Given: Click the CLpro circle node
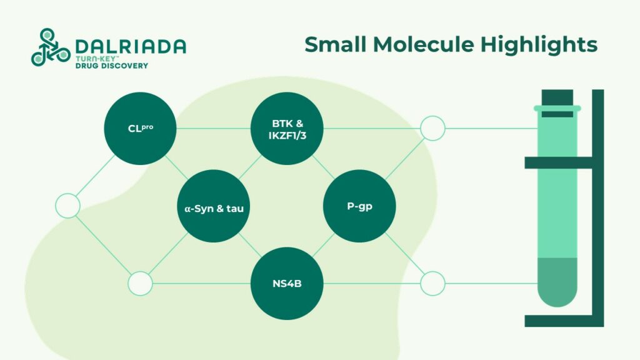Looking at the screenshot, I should [140, 129].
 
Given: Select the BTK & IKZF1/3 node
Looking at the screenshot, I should [286, 129].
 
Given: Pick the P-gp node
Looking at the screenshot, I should [359, 206].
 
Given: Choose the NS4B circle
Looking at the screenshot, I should [286, 284].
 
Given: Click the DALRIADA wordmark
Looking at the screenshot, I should [131, 46].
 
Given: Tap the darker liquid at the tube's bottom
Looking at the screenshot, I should [557, 281].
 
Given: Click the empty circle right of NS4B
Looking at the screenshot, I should [432, 284].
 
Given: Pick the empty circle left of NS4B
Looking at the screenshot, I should [140, 284].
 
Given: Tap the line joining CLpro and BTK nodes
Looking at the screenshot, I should [212, 129].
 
